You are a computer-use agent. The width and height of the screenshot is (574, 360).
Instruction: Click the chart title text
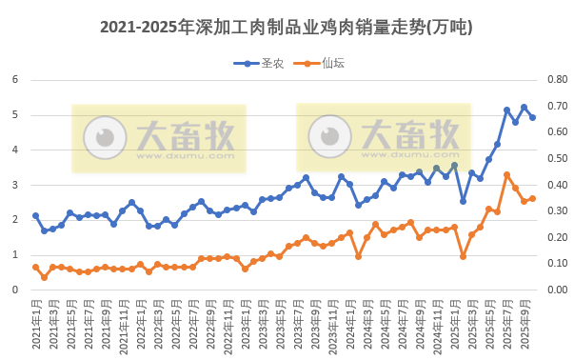coord(286,28)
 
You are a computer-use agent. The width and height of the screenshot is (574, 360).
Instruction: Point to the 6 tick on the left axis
coord(16,79)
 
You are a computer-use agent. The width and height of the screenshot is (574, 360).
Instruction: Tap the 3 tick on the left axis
coord(16,185)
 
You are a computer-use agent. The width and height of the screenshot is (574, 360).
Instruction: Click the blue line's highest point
coord(524,107)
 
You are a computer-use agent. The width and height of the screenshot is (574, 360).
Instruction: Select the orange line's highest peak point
coord(506,174)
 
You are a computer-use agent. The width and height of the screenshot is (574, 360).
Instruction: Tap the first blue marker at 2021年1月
coord(35,215)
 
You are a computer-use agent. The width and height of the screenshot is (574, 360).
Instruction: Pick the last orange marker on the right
coord(532,198)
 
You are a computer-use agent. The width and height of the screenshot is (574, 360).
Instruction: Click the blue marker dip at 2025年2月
coord(463,201)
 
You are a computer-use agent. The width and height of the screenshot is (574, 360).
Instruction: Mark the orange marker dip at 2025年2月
coord(463,256)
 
